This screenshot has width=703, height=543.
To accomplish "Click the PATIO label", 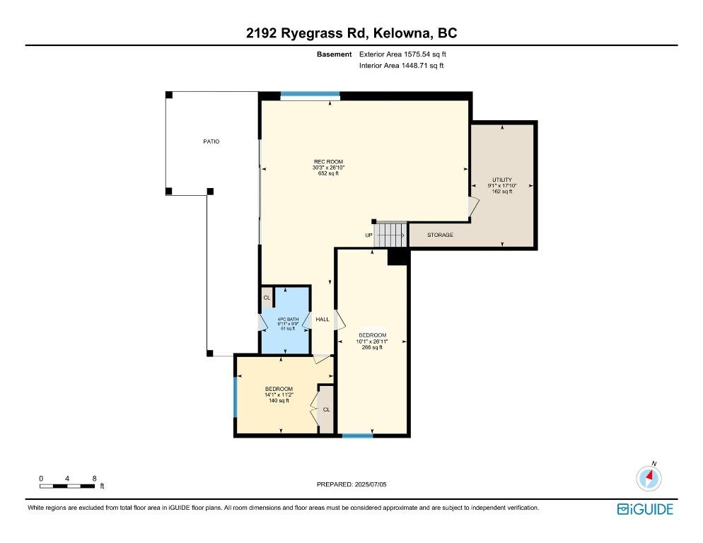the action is click(x=211, y=141).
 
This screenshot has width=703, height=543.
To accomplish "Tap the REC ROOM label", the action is click(x=328, y=162).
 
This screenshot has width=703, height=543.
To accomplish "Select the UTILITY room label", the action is click(x=502, y=180).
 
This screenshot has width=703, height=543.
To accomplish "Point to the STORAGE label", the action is click(x=440, y=235).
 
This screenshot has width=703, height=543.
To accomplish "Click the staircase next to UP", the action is click(x=390, y=235).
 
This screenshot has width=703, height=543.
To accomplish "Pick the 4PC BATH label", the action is click(x=288, y=320).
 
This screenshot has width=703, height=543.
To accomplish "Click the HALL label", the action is click(x=323, y=320).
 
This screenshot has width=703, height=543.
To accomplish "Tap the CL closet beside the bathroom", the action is click(x=267, y=297).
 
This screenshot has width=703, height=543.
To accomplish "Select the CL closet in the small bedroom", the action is click(x=327, y=409).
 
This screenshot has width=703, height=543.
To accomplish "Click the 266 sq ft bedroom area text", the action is click(x=372, y=347).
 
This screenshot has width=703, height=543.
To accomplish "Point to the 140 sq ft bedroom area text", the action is click(x=279, y=400).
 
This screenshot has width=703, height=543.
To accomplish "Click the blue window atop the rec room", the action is click(x=310, y=94).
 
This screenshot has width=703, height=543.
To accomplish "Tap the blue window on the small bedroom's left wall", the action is click(x=235, y=397).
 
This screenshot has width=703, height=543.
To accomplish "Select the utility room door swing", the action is click(x=474, y=207).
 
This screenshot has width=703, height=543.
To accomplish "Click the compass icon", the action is click(x=649, y=478).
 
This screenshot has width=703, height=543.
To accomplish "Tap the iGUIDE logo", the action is click(x=645, y=509).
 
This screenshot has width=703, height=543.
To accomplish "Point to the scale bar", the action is click(x=67, y=486).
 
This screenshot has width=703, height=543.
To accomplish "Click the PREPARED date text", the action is click(x=351, y=484).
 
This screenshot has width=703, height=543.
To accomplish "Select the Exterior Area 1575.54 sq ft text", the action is click(x=402, y=54).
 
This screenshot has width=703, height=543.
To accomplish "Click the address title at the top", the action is click(x=351, y=33).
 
